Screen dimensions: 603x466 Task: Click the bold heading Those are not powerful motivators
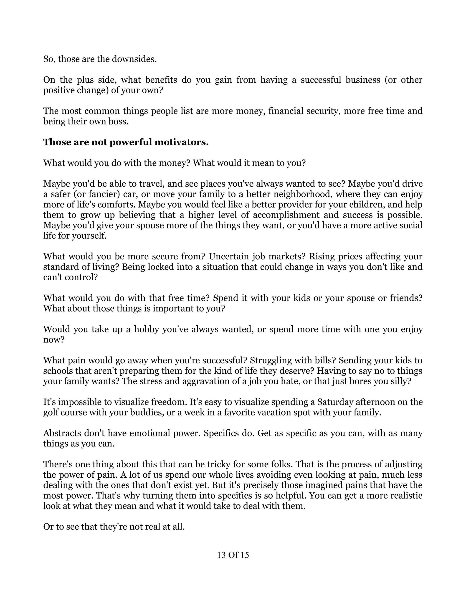tap(126, 142)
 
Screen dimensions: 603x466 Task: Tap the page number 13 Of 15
tap(233, 555)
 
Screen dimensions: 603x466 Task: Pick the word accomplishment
tap(286, 215)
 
